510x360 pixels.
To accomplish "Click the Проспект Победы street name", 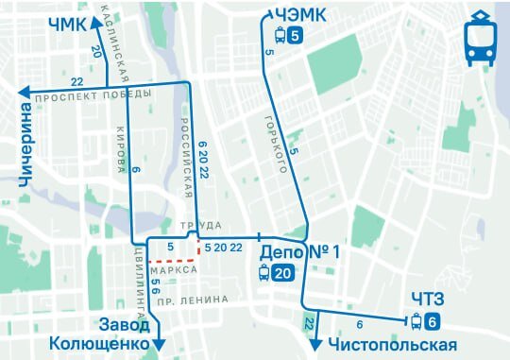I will click(93, 97).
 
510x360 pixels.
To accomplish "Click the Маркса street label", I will click(178, 269).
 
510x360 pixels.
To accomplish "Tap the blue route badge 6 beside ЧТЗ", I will click(432, 321).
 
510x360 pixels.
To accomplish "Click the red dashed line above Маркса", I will click(170, 256).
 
